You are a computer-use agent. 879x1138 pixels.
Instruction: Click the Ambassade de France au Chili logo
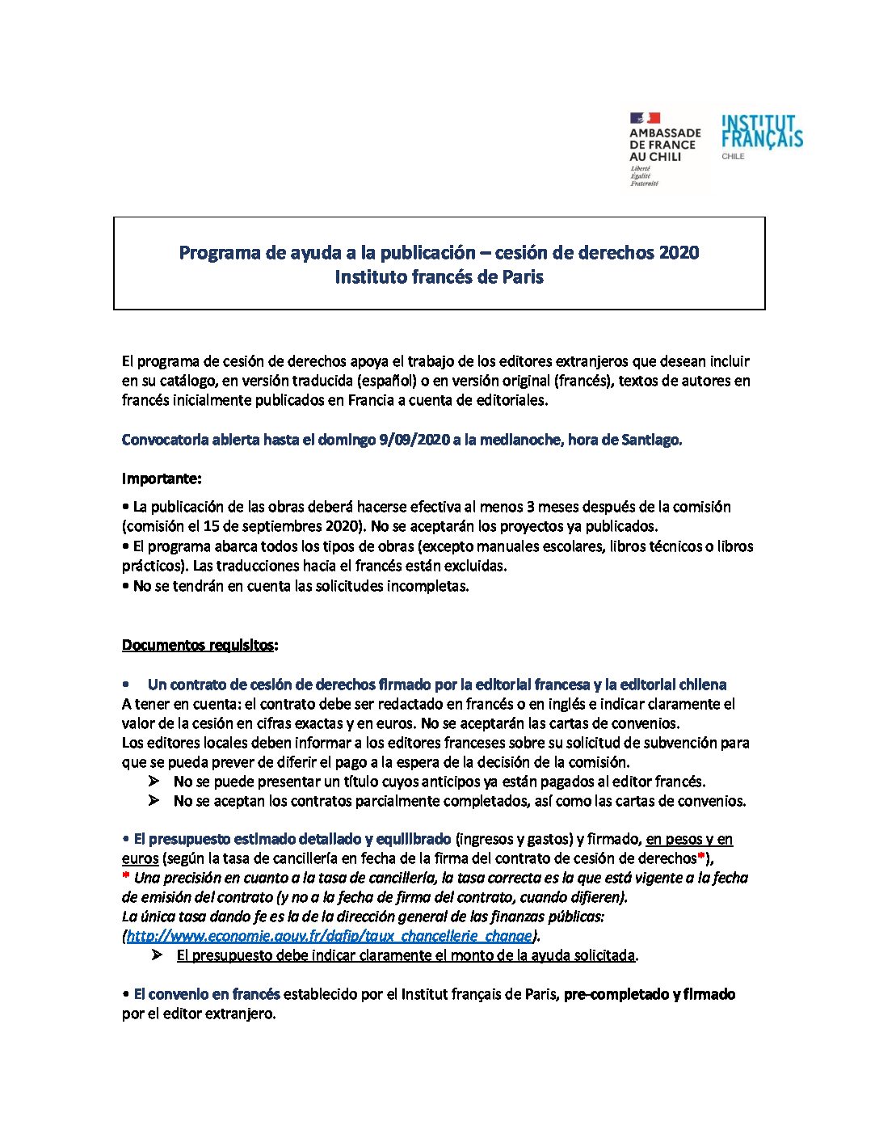(x=665, y=149)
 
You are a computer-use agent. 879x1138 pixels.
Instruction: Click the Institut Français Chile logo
(x=761, y=136)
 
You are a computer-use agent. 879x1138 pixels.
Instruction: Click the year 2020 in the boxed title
(x=679, y=253)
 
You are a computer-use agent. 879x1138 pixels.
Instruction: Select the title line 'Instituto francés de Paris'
(x=439, y=277)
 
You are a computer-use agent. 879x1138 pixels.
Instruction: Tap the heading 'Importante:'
(x=162, y=479)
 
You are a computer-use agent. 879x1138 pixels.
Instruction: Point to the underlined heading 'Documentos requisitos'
(x=198, y=646)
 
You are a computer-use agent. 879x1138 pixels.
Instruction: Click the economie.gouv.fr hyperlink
(x=330, y=936)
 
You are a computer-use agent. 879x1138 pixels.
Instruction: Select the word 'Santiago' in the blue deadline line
(x=651, y=440)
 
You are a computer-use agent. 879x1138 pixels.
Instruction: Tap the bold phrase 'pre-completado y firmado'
(x=650, y=995)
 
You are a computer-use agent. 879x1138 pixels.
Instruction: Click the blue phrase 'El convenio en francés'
(x=207, y=995)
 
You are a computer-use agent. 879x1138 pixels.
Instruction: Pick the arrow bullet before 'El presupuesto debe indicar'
(x=157, y=955)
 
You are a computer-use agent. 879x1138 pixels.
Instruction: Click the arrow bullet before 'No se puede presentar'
(x=154, y=782)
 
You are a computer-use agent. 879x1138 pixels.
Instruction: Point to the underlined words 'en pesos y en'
(x=689, y=840)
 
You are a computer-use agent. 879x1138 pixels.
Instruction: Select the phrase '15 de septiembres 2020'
(x=276, y=527)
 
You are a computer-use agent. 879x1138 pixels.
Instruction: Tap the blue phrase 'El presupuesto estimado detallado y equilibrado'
(x=292, y=840)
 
